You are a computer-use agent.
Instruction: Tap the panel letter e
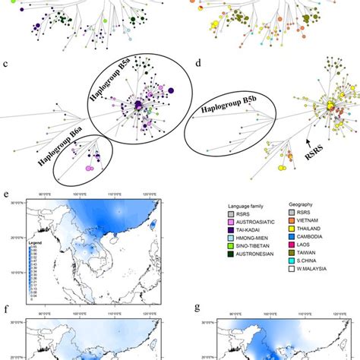pyautogui.click(x=7, y=195)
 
